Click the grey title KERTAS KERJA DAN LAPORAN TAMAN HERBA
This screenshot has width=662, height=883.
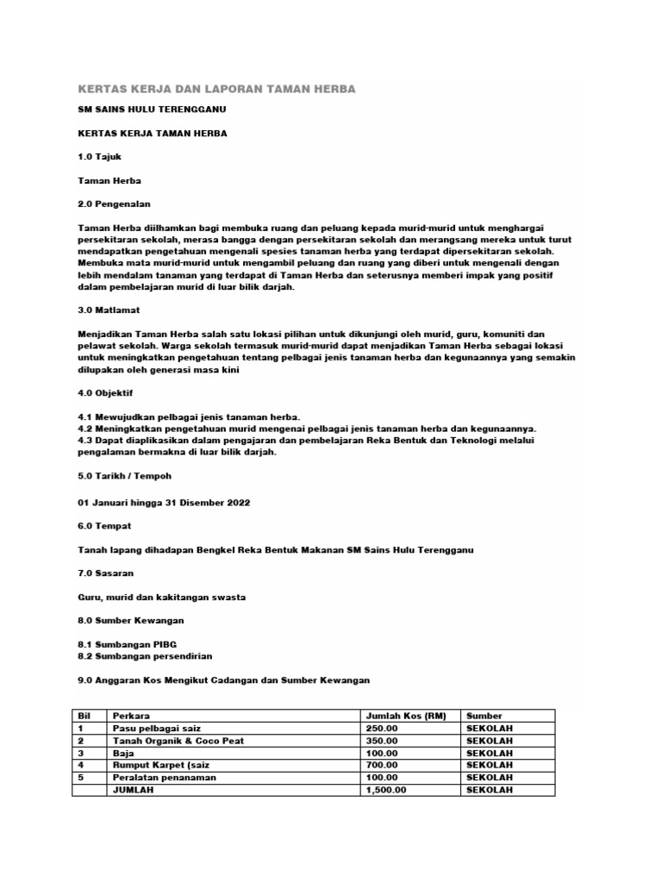coord(216,89)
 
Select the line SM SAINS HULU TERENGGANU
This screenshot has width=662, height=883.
coord(153,112)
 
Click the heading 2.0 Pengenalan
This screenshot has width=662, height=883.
coord(114,204)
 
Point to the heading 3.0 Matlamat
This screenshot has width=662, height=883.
coord(109,309)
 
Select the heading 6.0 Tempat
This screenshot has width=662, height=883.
coord(105,526)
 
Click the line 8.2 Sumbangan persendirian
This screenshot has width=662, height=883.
coord(145,656)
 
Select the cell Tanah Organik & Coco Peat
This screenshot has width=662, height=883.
coord(176,741)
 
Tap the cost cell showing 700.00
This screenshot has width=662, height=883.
coord(383,765)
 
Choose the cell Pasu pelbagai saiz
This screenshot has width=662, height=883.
coord(153,729)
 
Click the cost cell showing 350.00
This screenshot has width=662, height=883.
coord(383,741)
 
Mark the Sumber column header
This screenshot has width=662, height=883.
coord(484,716)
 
